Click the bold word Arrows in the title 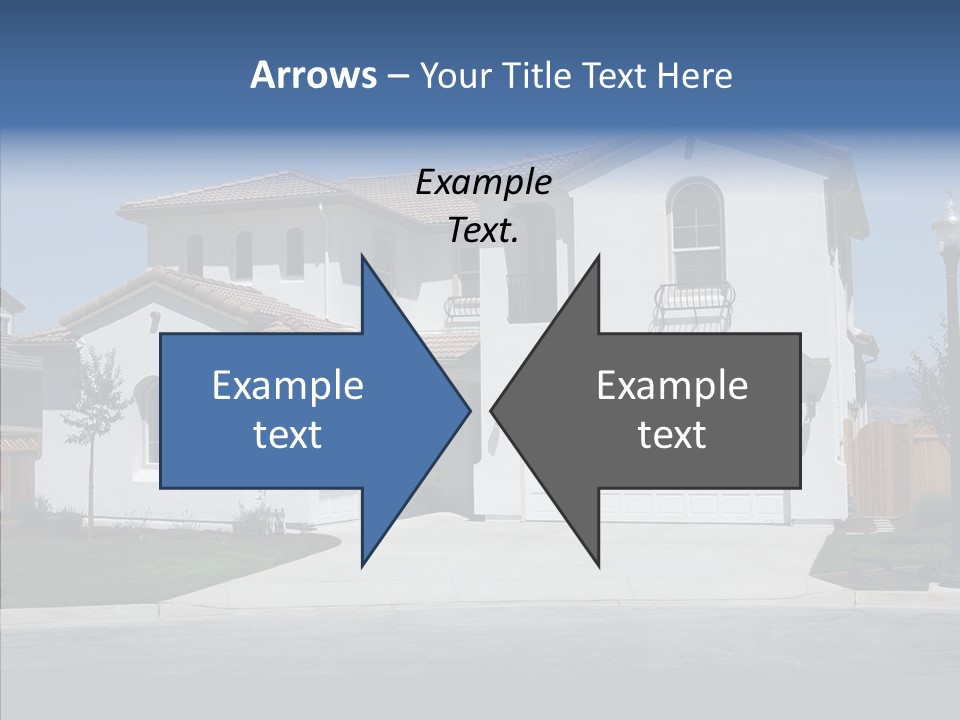pos(313,75)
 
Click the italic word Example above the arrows pos(484,182)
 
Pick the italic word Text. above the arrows pos(484,230)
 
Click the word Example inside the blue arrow pos(288,385)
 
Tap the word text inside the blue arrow pos(288,435)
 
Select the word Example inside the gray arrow pos(672,385)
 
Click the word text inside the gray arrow pos(672,435)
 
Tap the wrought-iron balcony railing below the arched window pos(693,300)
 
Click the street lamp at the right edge pos(946,260)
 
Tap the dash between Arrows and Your pos(397,76)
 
